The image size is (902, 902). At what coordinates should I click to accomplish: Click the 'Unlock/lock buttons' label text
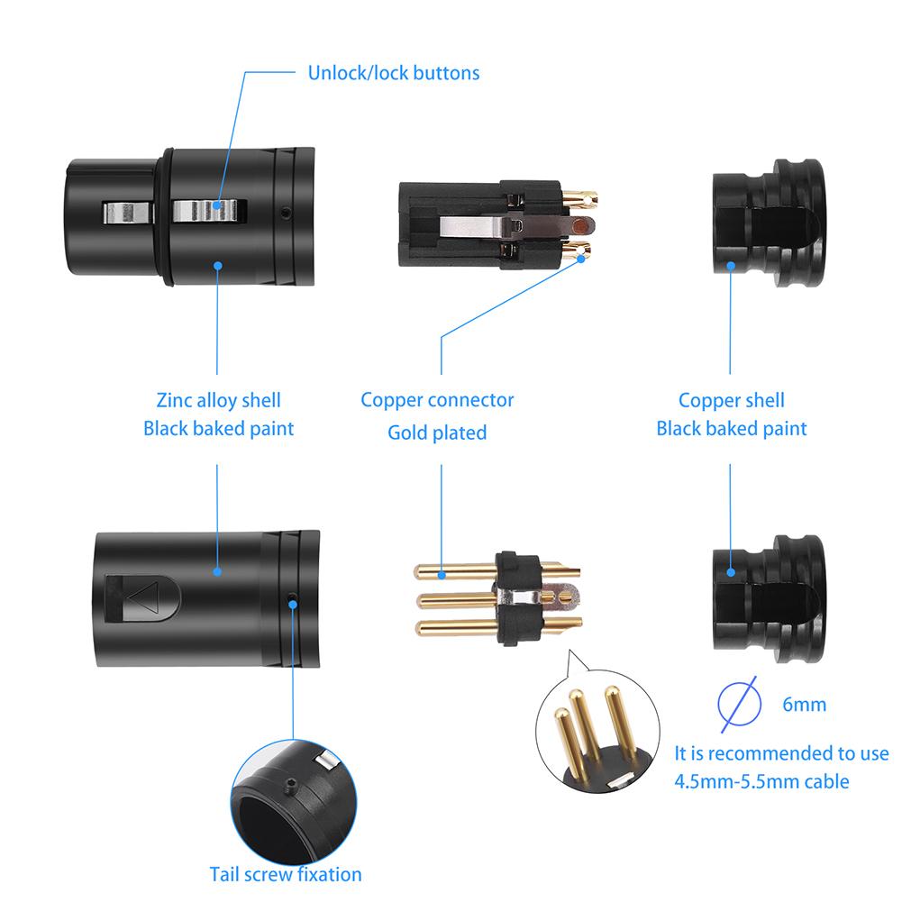(394, 73)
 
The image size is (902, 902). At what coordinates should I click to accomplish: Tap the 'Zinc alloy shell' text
(219, 400)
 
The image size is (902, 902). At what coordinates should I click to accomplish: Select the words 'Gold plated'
(437, 433)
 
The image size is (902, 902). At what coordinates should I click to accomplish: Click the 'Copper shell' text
(731, 400)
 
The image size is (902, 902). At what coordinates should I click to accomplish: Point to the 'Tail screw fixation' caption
(286, 874)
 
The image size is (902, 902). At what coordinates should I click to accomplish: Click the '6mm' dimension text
(804, 704)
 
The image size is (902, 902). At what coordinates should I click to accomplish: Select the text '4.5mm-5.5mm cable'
(761, 781)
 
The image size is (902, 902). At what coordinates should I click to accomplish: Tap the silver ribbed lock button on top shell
(209, 211)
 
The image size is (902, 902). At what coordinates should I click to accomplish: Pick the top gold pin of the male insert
(451, 572)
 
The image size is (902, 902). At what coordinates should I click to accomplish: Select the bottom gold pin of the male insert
(451, 628)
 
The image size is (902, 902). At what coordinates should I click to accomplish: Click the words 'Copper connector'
(437, 399)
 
